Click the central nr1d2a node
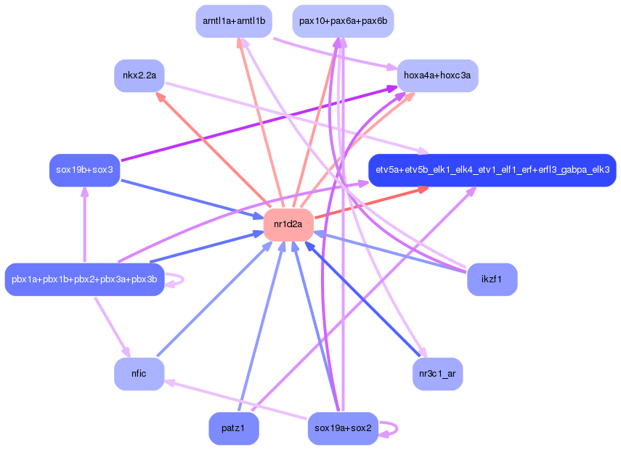click(x=288, y=225)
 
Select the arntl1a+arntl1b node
click(x=234, y=21)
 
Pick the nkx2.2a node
click(x=139, y=75)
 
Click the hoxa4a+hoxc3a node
click(x=437, y=75)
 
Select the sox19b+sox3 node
click(x=85, y=171)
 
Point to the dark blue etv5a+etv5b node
click(x=492, y=171)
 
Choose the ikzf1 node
click(x=492, y=279)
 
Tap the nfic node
click(x=139, y=374)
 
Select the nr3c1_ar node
click(x=437, y=374)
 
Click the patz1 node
click(x=234, y=428)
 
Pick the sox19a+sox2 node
click(x=343, y=428)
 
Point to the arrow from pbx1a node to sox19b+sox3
click(x=85, y=225)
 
